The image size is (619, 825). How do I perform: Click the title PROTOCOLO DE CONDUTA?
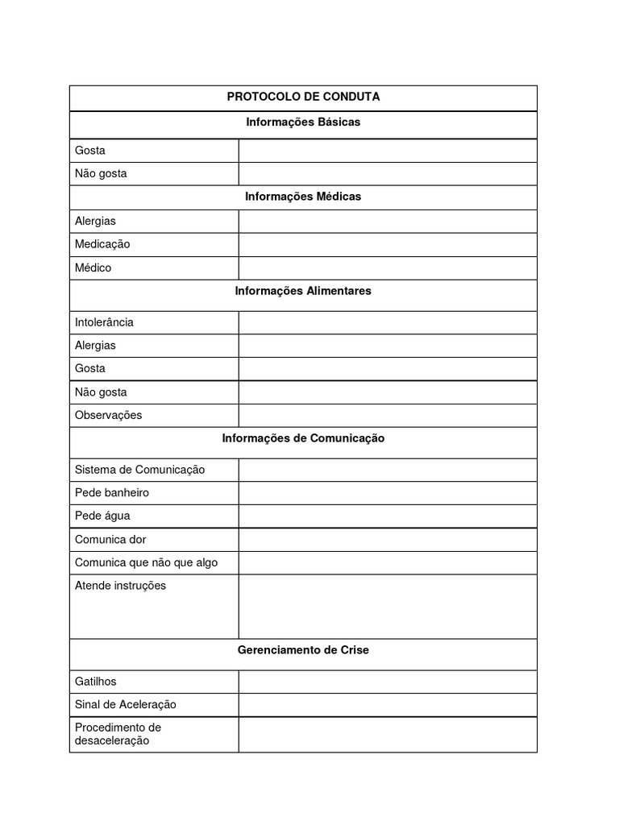303,97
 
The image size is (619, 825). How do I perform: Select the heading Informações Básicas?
303,122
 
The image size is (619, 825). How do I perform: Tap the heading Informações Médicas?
303,197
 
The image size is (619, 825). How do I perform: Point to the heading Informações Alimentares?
303,291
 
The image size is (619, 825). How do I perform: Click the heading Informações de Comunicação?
303,438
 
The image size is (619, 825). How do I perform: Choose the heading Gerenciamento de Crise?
303,650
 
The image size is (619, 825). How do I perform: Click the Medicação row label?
102,244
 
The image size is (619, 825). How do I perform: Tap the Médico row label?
93,267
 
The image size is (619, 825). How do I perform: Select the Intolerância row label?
104,322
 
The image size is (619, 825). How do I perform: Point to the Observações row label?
108,415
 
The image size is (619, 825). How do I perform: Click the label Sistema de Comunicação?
139,470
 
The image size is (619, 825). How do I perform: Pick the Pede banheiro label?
112,492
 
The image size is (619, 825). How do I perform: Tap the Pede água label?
102,516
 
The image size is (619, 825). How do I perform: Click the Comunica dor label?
110,539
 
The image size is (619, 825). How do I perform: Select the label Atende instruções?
120,586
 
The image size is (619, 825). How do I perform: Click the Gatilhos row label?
96,682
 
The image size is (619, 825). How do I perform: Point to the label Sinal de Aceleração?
125,704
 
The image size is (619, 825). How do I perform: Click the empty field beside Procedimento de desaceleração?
387,734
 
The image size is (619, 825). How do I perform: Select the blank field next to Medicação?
387,244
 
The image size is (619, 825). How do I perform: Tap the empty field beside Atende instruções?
387,606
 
